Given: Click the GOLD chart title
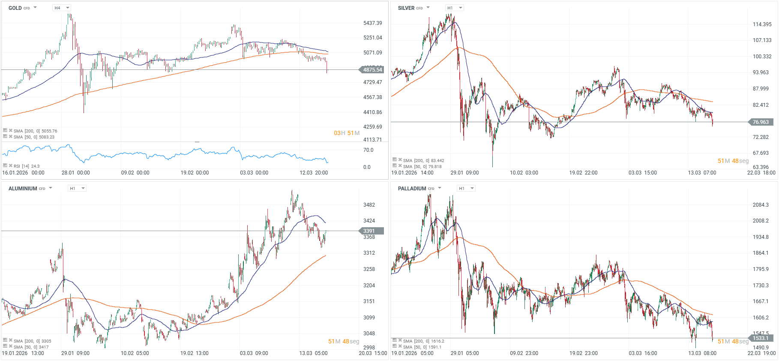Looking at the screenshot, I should [15, 8].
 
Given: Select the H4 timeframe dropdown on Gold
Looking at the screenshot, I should [61, 8].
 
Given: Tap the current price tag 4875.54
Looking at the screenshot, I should [372, 70].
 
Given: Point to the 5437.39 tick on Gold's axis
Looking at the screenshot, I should [372, 23].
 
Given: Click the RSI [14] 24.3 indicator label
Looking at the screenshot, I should [26, 166].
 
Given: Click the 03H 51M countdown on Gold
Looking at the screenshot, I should [346, 133].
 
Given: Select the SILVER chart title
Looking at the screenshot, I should [406, 8].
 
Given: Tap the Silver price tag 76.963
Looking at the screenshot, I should [761, 122].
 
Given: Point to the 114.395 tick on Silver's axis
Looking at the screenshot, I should [762, 24].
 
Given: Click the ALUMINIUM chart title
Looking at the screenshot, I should [23, 189].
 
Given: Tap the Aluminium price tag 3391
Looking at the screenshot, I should [369, 231].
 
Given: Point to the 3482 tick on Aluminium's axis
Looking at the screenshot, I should [369, 205].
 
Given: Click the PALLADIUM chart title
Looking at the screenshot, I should [412, 189].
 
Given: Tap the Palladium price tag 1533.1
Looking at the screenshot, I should [761, 338].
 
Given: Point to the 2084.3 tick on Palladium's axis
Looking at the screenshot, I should [761, 205].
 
